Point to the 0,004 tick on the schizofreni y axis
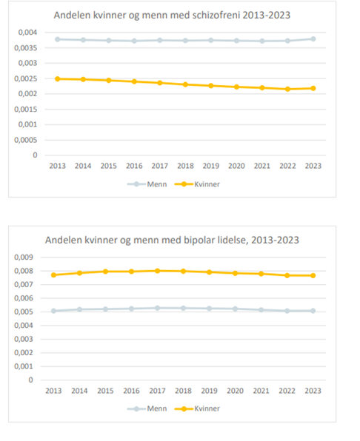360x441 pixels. tap(27, 33)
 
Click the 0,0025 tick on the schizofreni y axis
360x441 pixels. tap(26, 78)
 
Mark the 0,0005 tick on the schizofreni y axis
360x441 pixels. tap(26, 140)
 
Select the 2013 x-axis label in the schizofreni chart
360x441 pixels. tap(56, 166)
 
